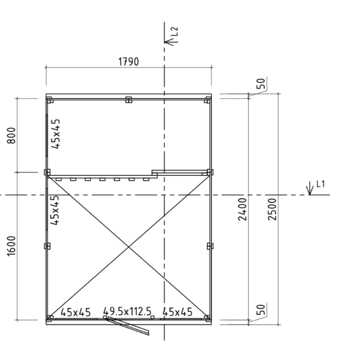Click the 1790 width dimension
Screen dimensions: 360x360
(x=128, y=62)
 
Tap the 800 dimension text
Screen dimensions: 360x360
(x=11, y=136)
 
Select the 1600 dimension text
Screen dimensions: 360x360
(x=11, y=246)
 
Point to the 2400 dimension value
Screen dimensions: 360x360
(x=243, y=209)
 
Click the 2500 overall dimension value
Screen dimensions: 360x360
(x=272, y=209)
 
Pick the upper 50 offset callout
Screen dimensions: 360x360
(x=261, y=84)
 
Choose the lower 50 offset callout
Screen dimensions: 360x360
(x=261, y=309)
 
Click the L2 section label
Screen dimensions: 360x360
(x=175, y=31)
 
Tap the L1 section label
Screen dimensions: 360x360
(x=320, y=184)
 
